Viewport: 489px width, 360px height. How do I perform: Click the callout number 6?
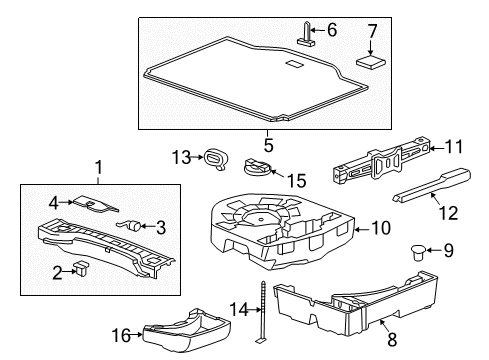333,30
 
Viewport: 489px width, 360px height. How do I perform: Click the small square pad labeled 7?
373,59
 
